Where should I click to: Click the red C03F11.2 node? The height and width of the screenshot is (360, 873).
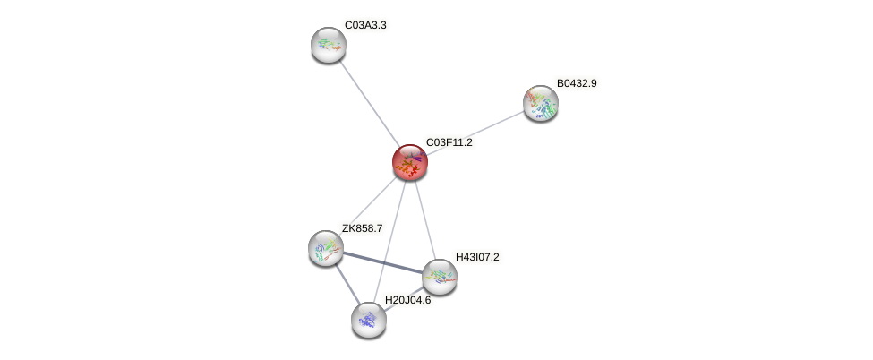410,163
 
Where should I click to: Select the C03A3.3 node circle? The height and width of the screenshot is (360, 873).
329,45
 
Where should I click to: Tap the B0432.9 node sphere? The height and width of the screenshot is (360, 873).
541,103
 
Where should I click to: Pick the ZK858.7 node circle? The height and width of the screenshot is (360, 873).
325,247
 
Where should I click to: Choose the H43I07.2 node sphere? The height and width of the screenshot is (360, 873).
439,277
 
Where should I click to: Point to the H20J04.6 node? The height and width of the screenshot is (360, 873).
368,319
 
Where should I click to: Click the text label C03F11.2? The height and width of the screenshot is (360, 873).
449,142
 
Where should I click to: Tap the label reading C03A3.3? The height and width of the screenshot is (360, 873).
365,25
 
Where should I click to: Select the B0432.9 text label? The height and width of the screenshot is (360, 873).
576,83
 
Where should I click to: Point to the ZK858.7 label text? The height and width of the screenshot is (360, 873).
362,228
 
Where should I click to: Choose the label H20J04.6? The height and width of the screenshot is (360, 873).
407,300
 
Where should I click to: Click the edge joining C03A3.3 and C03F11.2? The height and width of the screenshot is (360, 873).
369,103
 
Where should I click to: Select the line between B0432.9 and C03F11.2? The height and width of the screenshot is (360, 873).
475,133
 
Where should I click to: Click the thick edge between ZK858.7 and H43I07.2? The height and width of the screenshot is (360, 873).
381,261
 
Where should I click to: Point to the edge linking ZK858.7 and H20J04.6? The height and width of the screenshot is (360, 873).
346,282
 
